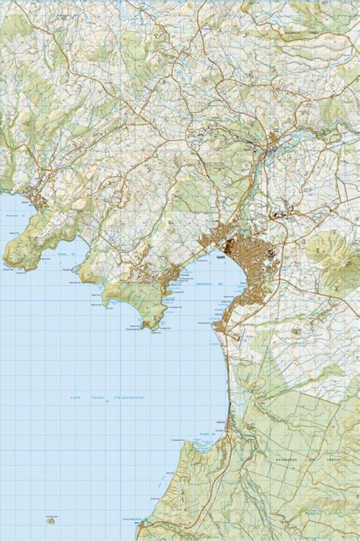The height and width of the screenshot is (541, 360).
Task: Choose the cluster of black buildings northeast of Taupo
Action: coord(288,216)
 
